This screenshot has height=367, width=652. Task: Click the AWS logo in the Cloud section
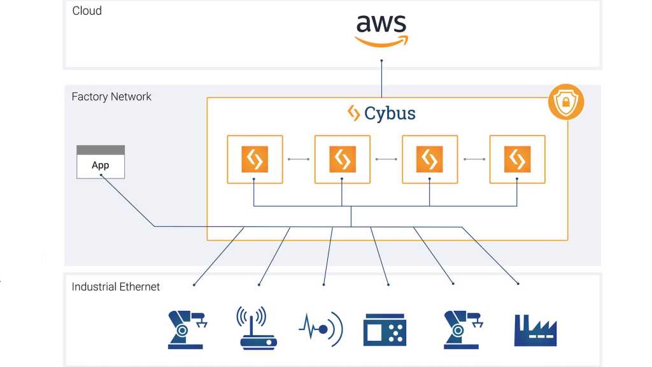pos(381,31)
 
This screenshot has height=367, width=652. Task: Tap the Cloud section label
pos(87,11)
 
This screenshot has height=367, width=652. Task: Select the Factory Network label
pos(111,97)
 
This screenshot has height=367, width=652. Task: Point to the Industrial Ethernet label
pos(116,287)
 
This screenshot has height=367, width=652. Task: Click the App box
pos(101,162)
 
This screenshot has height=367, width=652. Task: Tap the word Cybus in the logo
pos(390,113)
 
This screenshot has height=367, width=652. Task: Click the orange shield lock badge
pos(566,102)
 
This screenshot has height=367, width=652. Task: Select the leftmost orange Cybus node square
pos(255,159)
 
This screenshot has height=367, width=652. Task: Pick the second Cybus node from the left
pos(342,159)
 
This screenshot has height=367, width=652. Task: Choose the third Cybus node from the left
pos(430,159)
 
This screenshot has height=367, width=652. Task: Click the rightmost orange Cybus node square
pos(517,159)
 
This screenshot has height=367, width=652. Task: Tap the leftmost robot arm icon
pos(187,329)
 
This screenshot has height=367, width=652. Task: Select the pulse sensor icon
pos(321,329)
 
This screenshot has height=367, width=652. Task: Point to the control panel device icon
pos(385,329)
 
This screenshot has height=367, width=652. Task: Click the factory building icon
pos(535,331)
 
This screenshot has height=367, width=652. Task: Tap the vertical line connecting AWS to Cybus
pos(381,79)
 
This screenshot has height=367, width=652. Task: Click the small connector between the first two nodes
pos(299,159)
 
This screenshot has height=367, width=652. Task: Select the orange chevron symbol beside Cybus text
pos(353,113)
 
